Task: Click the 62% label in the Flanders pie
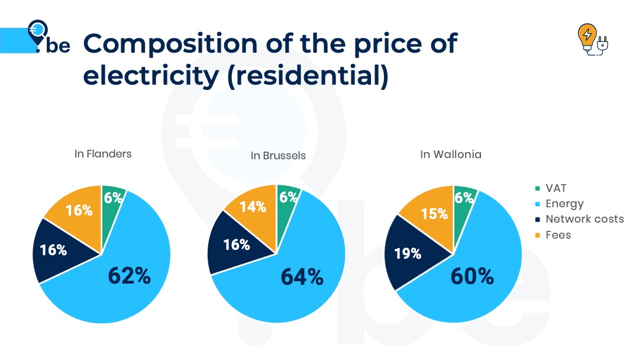tap(129, 275)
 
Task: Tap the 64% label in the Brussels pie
tap(302, 277)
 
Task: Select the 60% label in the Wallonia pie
tap(472, 276)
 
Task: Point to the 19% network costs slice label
tap(407, 253)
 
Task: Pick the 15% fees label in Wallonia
tap(434, 214)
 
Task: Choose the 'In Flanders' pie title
tap(103, 154)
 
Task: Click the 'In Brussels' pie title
tap(278, 156)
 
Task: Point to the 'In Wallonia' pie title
tap(451, 155)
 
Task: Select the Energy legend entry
tap(564, 204)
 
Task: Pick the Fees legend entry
tap(558, 234)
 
